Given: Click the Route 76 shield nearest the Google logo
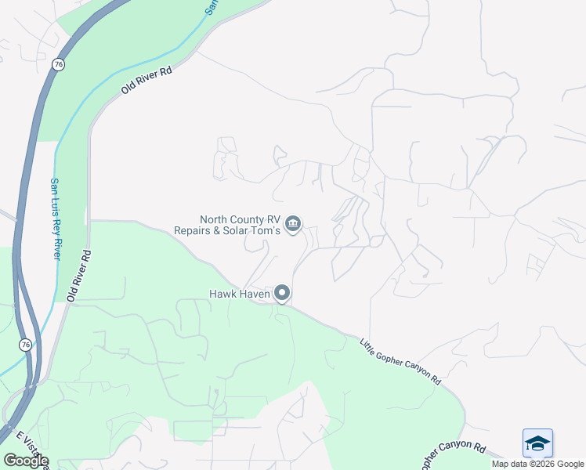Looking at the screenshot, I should pos(26,345).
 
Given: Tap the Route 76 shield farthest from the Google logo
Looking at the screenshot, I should pos(59,64).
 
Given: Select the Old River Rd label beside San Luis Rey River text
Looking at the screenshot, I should pos(79,277).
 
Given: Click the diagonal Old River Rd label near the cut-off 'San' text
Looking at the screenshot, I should pos(146,80).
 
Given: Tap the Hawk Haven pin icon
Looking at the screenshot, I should pos(282,294).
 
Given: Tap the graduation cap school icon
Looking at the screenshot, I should pos(538,443).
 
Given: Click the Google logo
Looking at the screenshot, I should pos(26,461).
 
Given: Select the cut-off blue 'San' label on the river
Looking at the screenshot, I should pos(210,7).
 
